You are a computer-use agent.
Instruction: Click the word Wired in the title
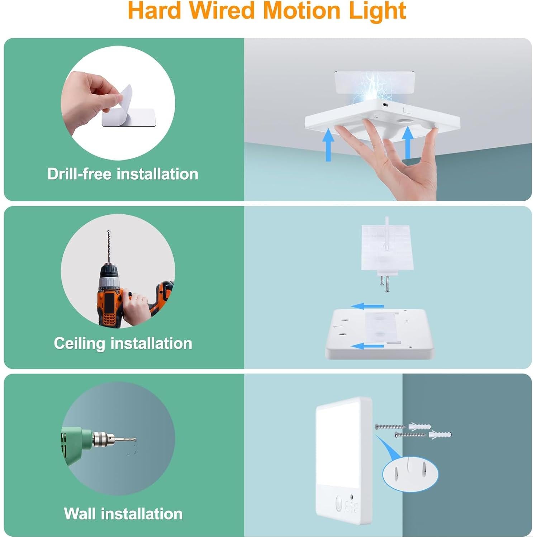(225, 11)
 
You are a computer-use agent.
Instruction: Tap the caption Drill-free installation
(123, 174)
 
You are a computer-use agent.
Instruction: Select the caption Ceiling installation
(123, 343)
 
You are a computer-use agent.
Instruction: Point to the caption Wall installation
(123, 514)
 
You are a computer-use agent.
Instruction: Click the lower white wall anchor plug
(440, 435)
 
